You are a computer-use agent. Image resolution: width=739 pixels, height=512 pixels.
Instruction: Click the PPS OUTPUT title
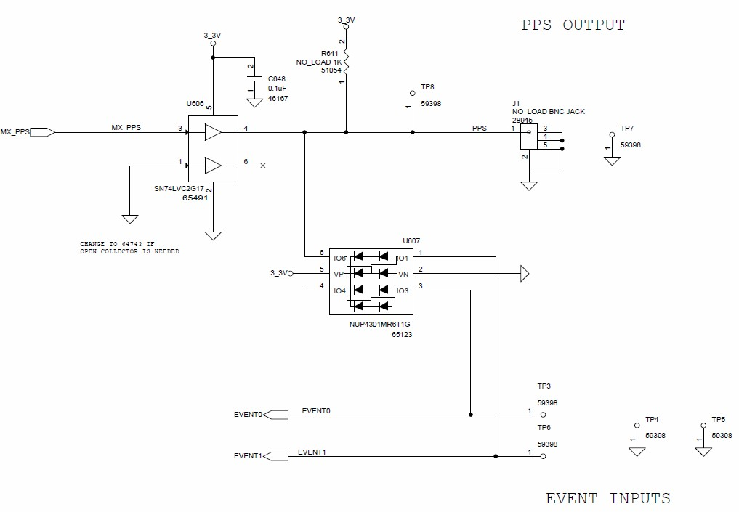(573, 25)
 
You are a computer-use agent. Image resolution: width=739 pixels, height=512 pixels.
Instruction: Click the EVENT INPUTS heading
(608, 498)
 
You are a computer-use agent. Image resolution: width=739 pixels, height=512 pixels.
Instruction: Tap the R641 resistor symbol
(346, 62)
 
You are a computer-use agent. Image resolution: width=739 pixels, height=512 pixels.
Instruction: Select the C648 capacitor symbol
(254, 80)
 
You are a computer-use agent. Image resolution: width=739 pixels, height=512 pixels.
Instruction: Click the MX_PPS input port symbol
(42, 132)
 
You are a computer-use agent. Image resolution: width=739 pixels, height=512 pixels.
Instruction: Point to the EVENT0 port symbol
(275, 415)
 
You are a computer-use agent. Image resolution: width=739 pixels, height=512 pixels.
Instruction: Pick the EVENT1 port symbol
(275, 456)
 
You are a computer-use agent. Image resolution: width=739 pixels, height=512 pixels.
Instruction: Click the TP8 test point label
(427, 87)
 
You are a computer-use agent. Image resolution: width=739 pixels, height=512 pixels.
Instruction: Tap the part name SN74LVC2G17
(179, 188)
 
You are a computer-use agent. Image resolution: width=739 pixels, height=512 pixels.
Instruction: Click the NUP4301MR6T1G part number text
(380, 324)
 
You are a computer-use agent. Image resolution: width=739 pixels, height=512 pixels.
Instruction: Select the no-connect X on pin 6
(263, 166)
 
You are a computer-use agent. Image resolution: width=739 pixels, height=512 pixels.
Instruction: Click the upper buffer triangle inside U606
(213, 132)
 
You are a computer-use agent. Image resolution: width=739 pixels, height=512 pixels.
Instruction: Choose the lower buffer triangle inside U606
(213, 166)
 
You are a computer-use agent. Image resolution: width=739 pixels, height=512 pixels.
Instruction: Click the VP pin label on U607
(339, 274)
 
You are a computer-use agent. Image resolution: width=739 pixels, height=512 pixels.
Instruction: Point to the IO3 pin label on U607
(402, 291)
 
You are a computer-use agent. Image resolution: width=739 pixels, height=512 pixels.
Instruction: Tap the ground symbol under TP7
(613, 161)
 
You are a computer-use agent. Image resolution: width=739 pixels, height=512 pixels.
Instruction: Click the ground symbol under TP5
(703, 452)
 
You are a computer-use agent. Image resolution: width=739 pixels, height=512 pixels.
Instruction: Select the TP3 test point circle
(543, 415)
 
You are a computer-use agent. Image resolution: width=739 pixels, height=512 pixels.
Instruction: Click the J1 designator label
(516, 104)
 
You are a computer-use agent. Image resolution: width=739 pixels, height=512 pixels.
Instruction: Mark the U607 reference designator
(411, 240)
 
